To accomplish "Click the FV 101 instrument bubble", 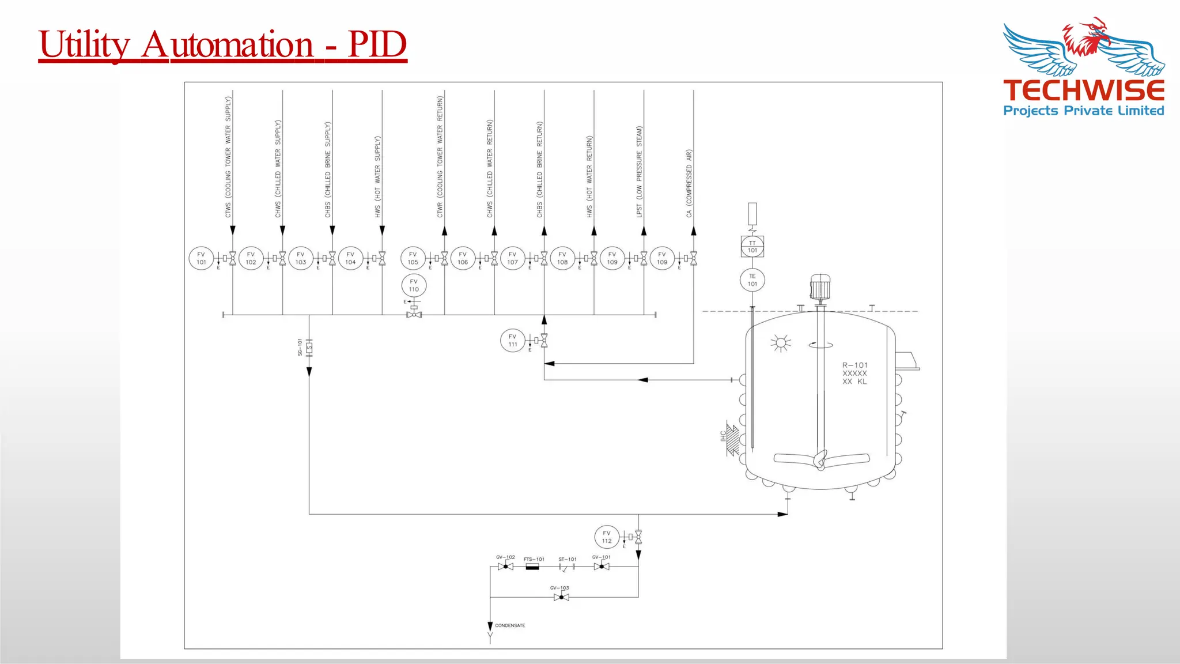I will tap(201, 258).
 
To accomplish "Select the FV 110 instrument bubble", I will tap(414, 285).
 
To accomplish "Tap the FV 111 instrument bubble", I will tap(513, 341).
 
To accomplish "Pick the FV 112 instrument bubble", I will tap(607, 537).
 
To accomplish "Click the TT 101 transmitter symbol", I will tap(752, 247).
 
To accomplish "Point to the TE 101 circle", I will tap(752, 280).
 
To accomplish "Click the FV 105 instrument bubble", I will tap(413, 258).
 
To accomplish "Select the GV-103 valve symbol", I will tap(561, 597).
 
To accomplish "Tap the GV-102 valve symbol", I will tap(506, 567).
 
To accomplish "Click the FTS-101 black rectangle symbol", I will tap(532, 567).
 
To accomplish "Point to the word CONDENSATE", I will tap(510, 625).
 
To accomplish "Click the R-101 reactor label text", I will tap(854, 365).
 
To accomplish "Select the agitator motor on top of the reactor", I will tap(820, 287).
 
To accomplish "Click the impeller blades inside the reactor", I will tap(821, 459).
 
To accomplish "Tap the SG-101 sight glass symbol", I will tap(309, 348).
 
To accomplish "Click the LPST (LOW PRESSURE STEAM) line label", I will tap(639, 172).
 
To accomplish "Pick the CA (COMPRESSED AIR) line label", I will tap(689, 183).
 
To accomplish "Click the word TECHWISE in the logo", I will tap(1084, 91).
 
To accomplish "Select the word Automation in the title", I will tap(228, 44).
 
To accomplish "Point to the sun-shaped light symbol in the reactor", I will tap(781, 343).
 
